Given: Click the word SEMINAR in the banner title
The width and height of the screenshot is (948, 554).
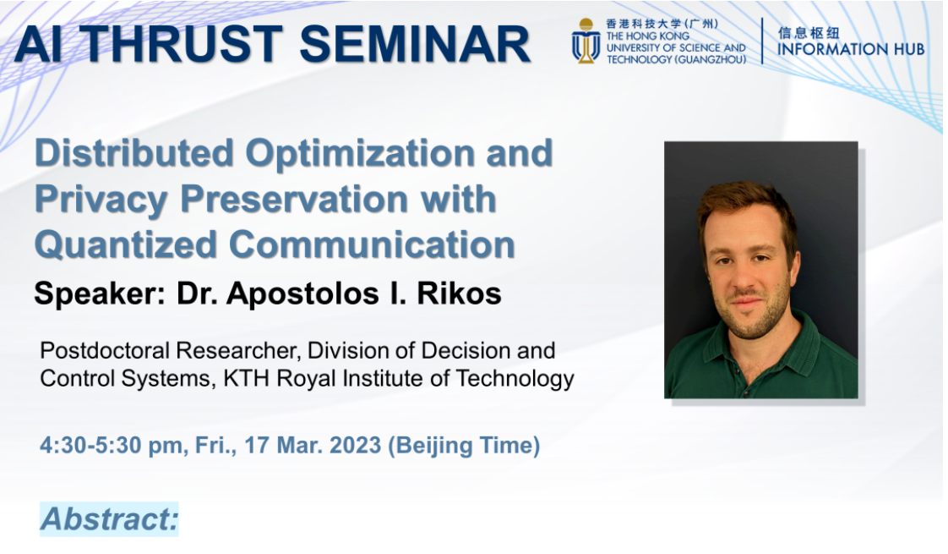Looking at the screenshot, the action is click(x=415, y=44).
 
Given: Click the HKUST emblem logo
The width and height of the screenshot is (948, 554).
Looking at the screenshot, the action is click(x=586, y=41).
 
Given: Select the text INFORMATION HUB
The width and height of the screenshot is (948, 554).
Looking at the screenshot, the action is click(x=851, y=49).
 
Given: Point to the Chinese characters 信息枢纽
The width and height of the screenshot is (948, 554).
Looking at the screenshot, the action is click(x=809, y=32).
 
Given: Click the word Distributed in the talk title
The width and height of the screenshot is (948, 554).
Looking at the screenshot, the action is click(x=134, y=152).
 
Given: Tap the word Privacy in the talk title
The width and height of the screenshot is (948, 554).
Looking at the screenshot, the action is click(x=101, y=200).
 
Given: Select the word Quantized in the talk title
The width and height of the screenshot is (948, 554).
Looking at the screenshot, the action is click(x=126, y=244).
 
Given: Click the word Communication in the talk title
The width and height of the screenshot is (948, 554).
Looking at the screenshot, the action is click(x=372, y=244).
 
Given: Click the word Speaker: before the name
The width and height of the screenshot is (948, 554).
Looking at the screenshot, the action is click(x=100, y=294).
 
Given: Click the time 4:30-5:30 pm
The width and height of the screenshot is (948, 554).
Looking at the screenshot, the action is click(x=112, y=446).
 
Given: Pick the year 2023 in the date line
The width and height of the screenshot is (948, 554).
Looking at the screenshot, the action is click(x=355, y=445).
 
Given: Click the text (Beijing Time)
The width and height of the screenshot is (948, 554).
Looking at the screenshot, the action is click(x=464, y=446).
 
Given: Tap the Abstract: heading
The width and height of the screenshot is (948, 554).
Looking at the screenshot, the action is click(x=110, y=518).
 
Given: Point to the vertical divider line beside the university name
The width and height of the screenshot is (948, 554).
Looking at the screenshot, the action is click(x=762, y=41).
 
